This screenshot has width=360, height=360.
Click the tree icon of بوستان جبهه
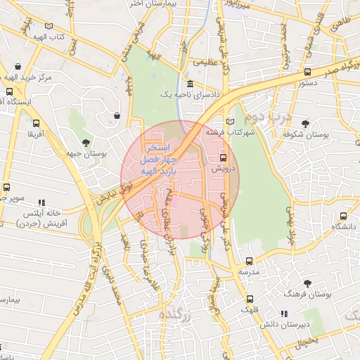tap(85, 142)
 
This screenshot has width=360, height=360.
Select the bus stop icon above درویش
tap(224, 157)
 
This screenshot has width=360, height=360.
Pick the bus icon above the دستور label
tap(307, 72)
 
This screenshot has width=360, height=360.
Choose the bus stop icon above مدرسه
tap(249, 260)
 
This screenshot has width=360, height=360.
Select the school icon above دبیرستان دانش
tap(284, 314)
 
